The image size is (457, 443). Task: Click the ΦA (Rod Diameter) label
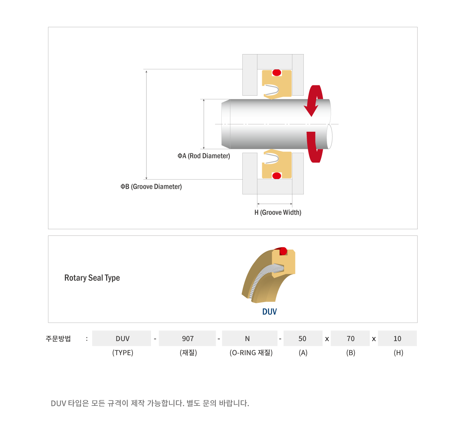click(204, 156)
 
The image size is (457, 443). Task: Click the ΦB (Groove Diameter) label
click(151, 187)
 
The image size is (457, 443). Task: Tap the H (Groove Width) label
click(278, 212)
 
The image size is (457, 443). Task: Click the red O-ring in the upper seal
click(277, 72)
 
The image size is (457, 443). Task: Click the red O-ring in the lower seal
click(277, 176)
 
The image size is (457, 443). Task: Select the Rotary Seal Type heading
click(92, 278)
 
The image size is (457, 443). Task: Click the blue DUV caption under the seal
click(269, 312)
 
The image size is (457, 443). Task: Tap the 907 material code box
click(187, 338)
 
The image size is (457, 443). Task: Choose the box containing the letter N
click(250, 338)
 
